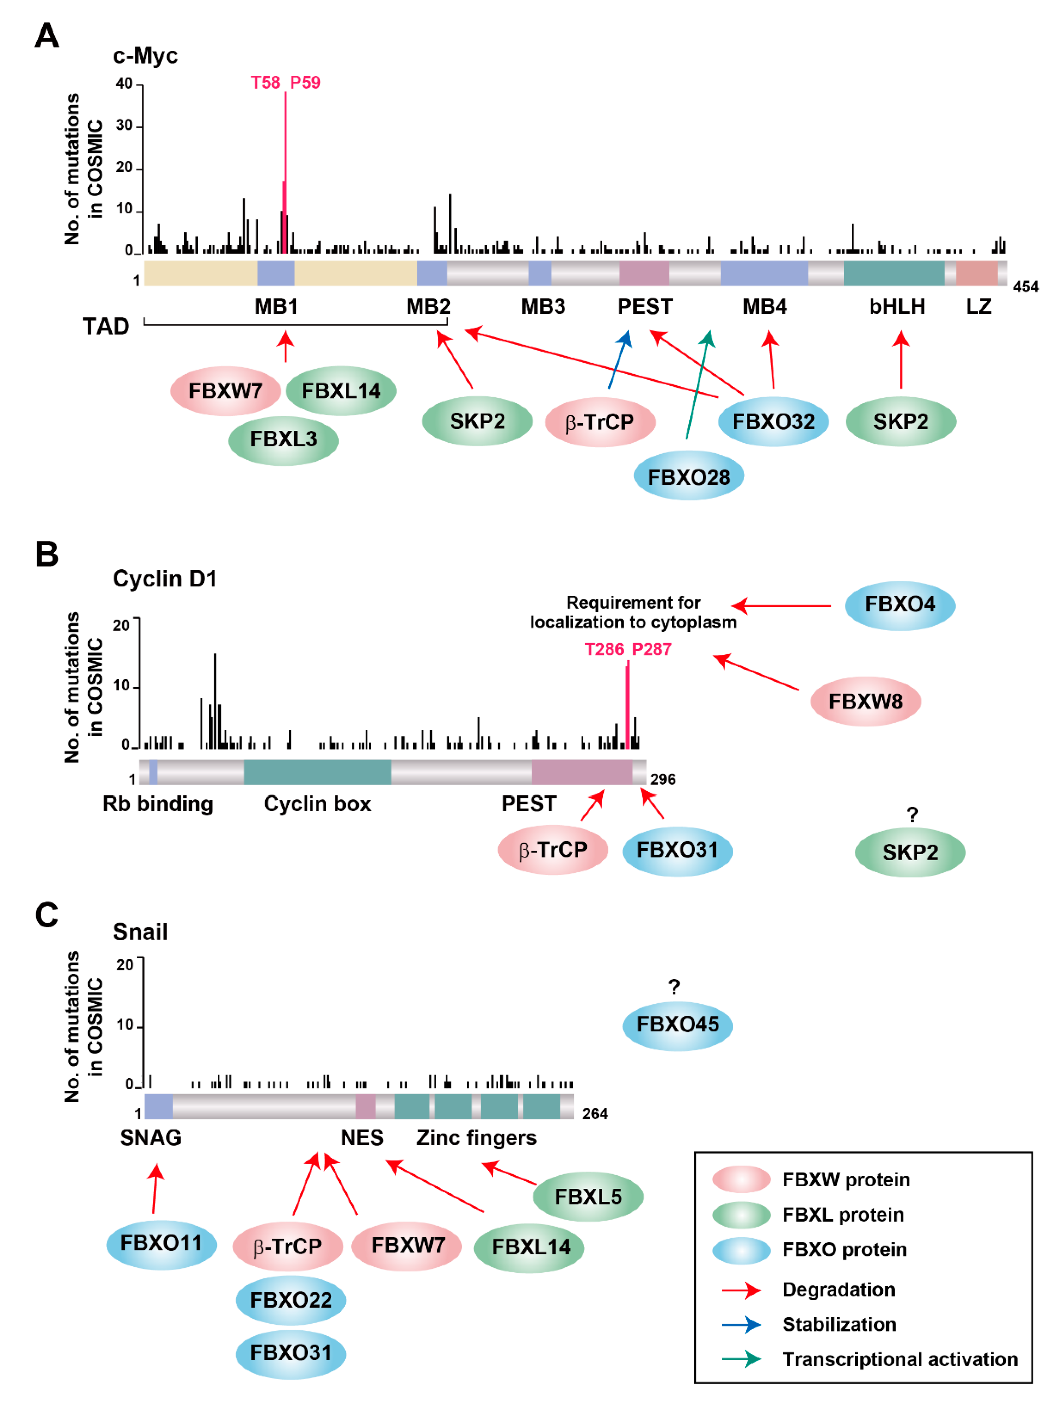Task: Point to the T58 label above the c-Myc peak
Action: pyautogui.click(x=265, y=82)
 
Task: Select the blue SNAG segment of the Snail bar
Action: pyautogui.click(x=158, y=1106)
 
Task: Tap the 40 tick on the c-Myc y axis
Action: pyautogui.click(x=124, y=84)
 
